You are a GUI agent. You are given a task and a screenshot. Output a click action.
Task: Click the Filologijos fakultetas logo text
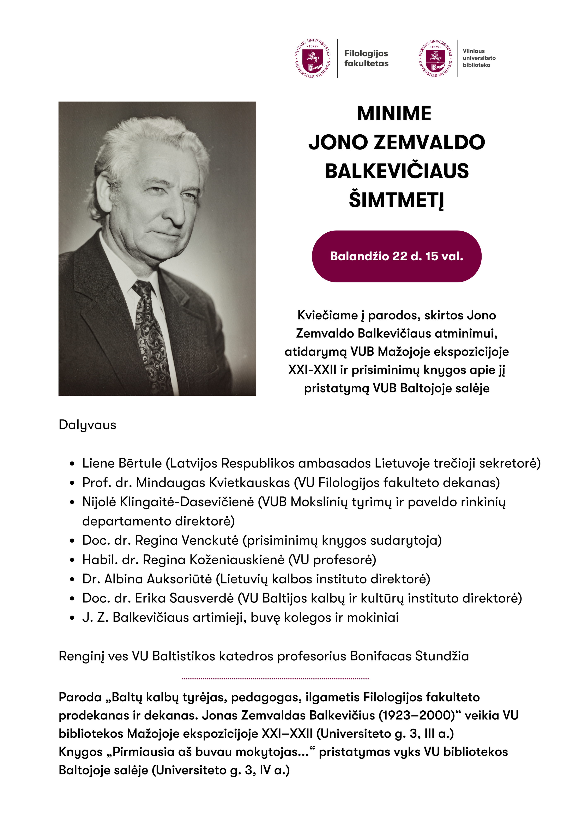point(366,58)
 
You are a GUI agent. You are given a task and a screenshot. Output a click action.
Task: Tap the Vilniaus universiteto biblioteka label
point(479,58)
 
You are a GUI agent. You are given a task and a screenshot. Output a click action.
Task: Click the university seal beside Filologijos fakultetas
point(313,58)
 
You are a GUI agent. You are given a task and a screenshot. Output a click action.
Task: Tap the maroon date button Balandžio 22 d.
point(397,256)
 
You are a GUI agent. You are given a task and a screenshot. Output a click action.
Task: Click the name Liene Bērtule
point(122,463)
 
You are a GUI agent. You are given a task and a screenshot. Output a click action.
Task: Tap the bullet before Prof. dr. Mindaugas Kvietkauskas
point(72,483)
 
